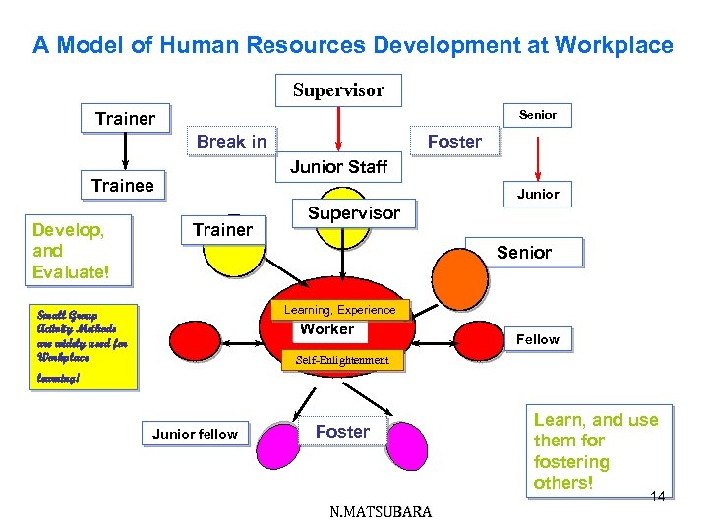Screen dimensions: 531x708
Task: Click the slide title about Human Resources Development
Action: [353, 45]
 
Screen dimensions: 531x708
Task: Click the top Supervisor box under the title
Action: [338, 90]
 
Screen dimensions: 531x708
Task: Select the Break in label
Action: [231, 141]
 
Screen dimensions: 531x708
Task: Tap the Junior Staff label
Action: [339, 167]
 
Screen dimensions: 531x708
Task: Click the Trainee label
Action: [123, 185]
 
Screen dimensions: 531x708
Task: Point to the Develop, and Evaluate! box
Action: [78, 251]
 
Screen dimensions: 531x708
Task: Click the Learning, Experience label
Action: [339, 310]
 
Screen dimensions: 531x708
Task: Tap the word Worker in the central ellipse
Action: [326, 329]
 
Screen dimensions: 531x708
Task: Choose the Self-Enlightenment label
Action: [343, 360]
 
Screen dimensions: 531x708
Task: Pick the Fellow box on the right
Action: [538, 339]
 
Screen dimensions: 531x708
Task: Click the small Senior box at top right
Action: [537, 115]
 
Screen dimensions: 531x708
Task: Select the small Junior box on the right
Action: [538, 194]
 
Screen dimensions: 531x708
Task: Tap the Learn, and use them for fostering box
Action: [596, 450]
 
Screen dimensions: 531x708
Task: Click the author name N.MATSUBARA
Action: [381, 511]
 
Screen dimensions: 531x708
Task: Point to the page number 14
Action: [658, 496]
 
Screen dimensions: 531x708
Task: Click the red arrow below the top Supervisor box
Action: [339, 128]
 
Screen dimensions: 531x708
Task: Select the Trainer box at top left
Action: [125, 119]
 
